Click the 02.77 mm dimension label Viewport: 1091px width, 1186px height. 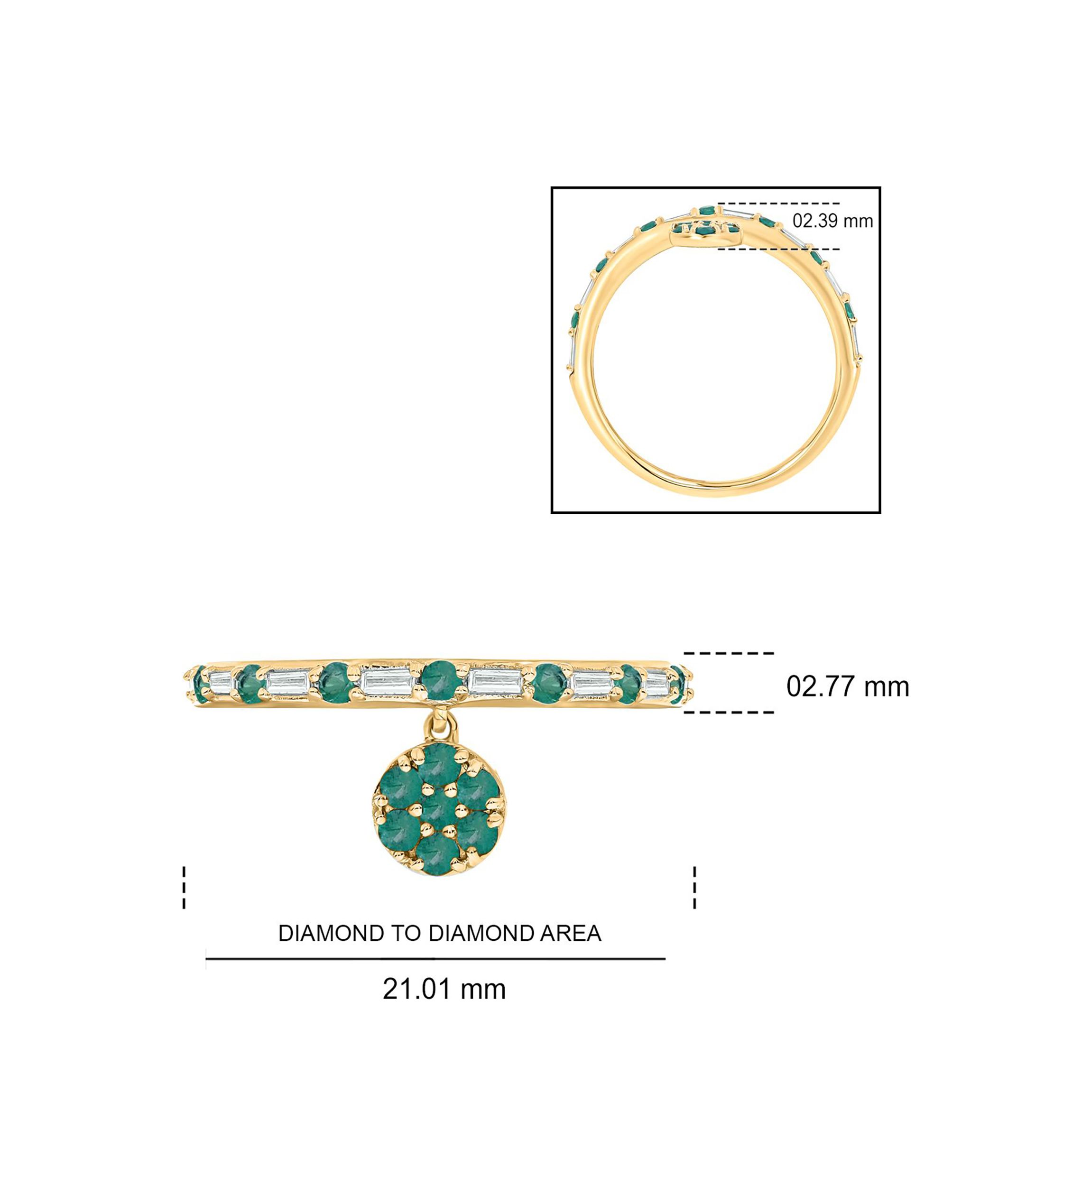(x=847, y=687)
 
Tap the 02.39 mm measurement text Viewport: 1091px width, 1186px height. (x=832, y=221)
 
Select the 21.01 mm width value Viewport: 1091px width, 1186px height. (x=444, y=989)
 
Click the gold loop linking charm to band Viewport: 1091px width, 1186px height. (x=439, y=725)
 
